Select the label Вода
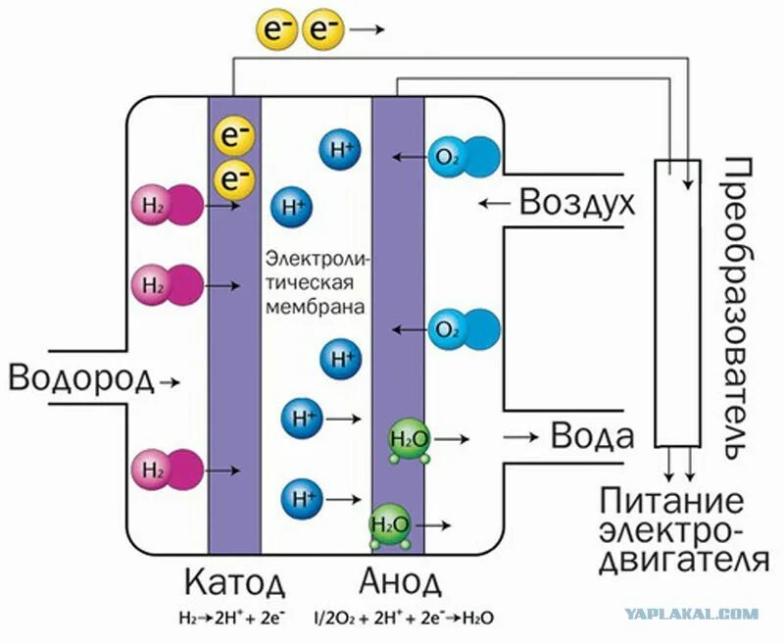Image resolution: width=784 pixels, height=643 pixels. pos(591,434)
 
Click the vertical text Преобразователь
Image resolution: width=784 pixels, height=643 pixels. pos(740,305)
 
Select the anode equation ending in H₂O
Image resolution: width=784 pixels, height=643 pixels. pos(403,619)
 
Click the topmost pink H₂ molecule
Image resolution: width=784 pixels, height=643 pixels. pos(167,205)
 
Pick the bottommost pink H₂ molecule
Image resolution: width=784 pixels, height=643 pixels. pos(167,469)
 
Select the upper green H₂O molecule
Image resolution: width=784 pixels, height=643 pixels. pos(408,438)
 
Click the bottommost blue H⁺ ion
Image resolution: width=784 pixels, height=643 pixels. pos(301,497)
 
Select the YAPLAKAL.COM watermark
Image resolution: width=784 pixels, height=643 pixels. pos(705,615)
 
